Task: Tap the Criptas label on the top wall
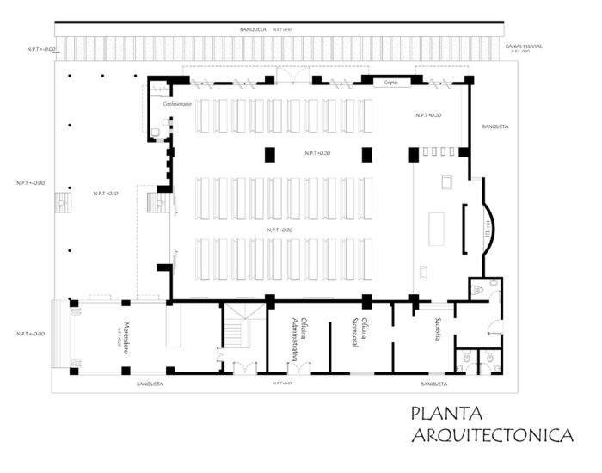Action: pyautogui.click(x=390, y=80)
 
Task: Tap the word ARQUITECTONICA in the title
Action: pyautogui.click(x=492, y=437)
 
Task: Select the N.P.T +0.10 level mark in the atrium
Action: pyautogui.click(x=106, y=193)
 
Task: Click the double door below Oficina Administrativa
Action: pyautogui.click(x=298, y=368)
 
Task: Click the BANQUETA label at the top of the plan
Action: pyautogui.click(x=255, y=30)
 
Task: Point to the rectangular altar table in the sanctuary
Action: pyautogui.click(x=436, y=228)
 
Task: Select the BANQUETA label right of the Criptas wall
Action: pyautogui.click(x=495, y=126)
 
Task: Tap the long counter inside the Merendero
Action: pyautogui.click(x=175, y=324)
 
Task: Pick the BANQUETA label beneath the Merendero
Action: pyautogui.click(x=150, y=383)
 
